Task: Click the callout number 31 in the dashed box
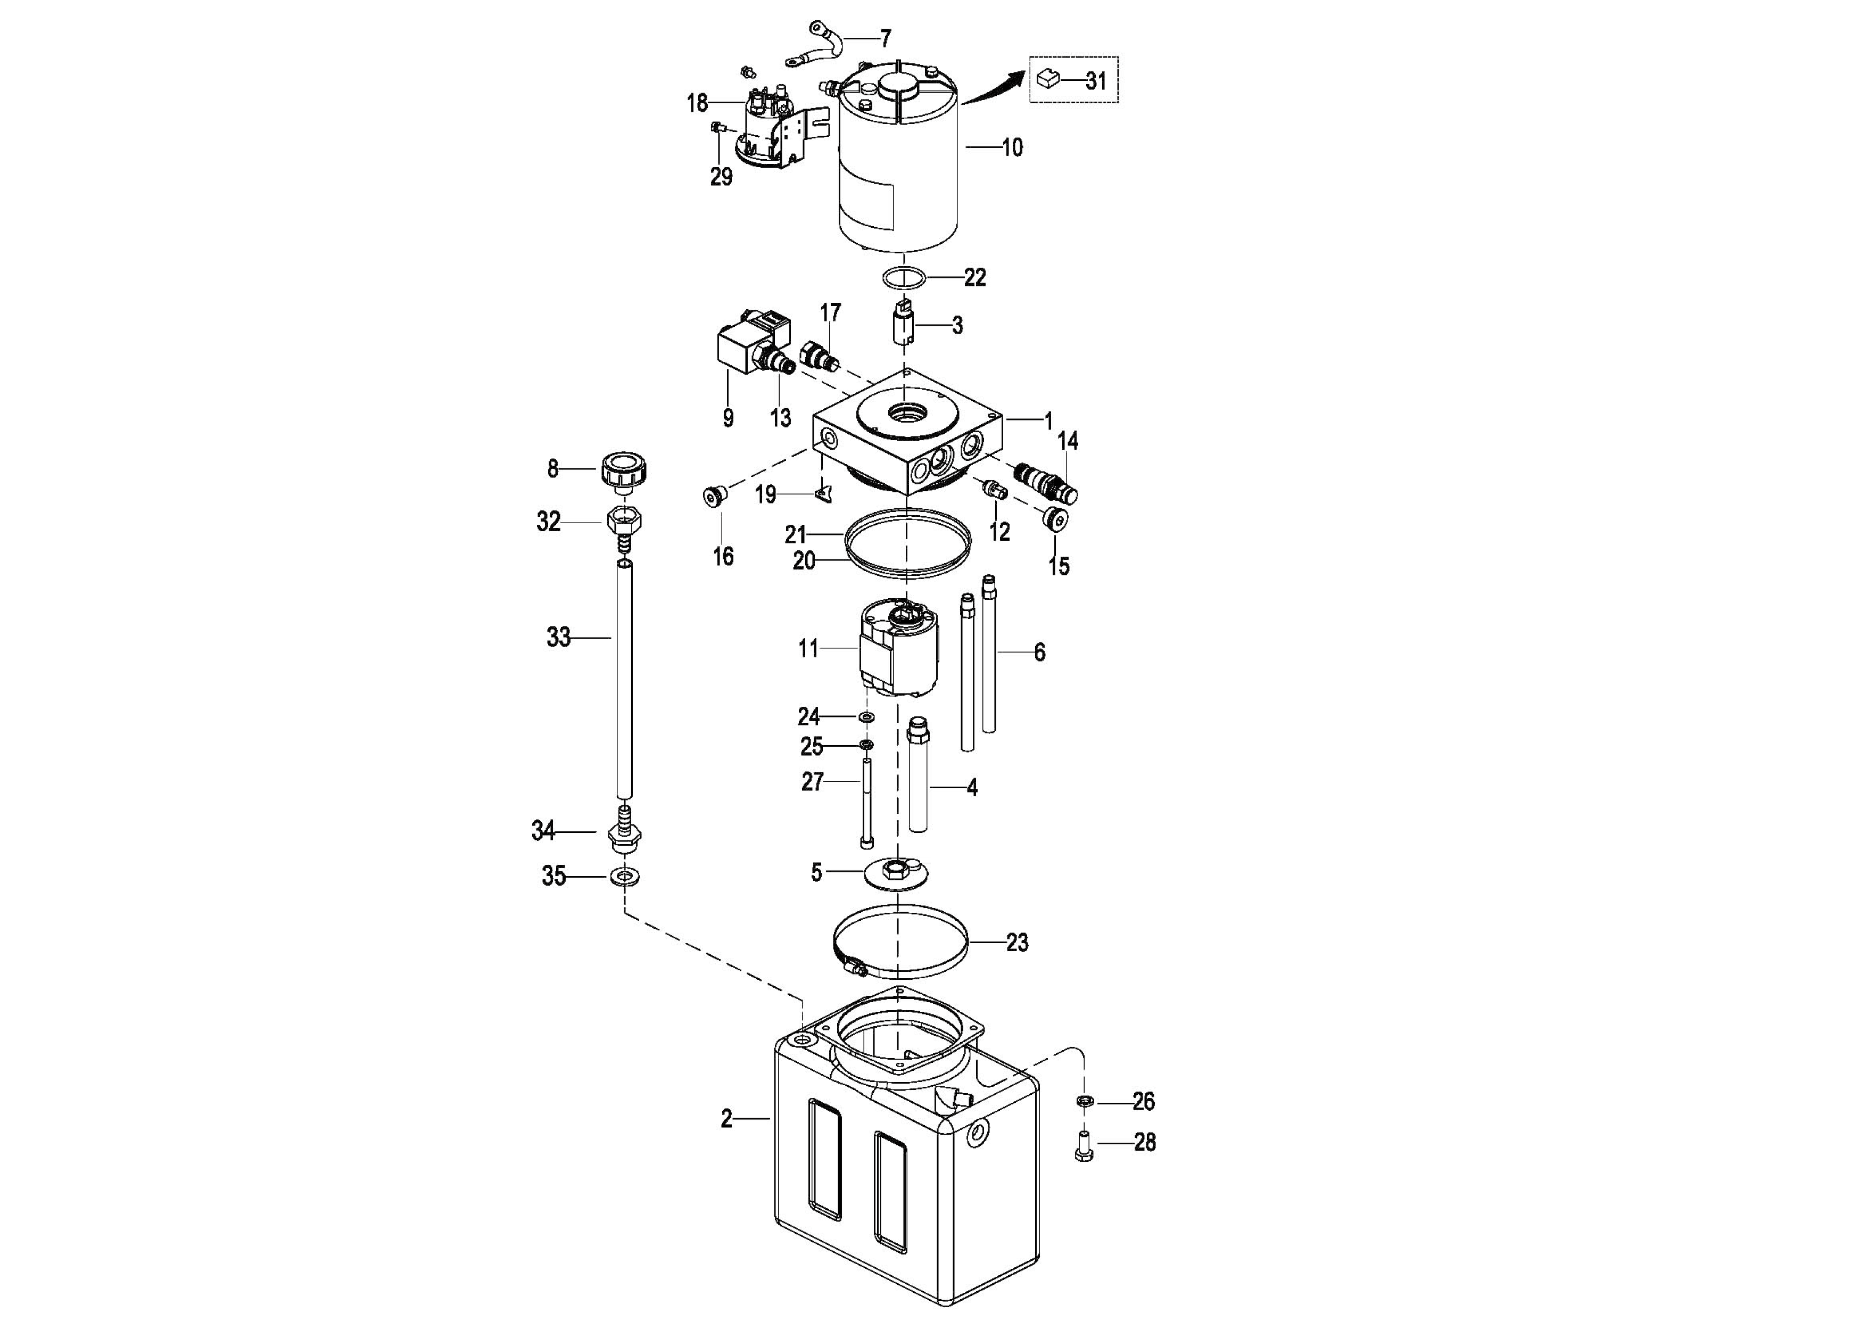(1097, 81)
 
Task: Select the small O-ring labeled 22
(904, 277)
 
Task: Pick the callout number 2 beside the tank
(726, 1120)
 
